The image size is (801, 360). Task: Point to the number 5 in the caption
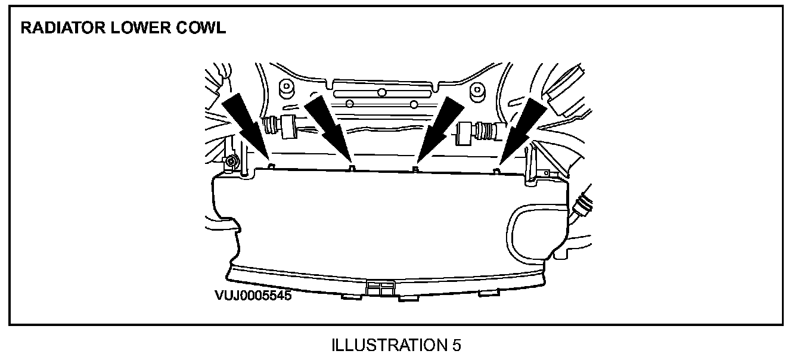coord(456,345)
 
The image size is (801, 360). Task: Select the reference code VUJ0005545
coord(253,295)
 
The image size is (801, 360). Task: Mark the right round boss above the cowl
coord(477,91)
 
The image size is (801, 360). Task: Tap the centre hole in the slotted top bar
coord(381,92)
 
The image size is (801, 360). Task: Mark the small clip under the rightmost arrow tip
coord(496,172)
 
